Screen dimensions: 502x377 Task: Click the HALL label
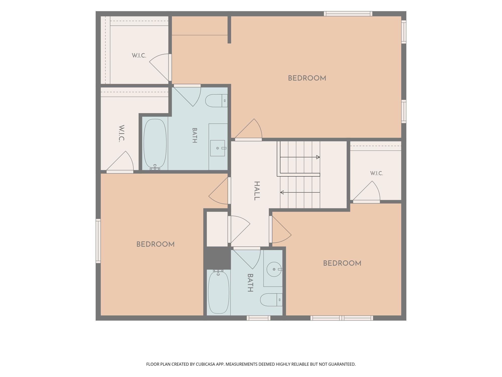pyautogui.click(x=257, y=191)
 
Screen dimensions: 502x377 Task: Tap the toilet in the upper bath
pyautogui.click(x=216, y=101)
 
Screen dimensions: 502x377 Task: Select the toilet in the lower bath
pyautogui.click(x=271, y=300)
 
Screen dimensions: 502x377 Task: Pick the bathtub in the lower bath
pyautogui.click(x=219, y=292)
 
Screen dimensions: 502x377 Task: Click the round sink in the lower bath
pyautogui.click(x=274, y=269)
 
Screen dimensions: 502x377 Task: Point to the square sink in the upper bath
pyautogui.click(x=217, y=148)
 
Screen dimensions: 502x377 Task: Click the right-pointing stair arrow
pyautogui.click(x=300, y=157)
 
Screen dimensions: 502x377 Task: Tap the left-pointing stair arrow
pyautogui.click(x=300, y=192)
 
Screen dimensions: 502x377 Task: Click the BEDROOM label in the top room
pyautogui.click(x=307, y=78)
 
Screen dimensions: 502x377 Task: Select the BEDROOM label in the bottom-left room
pyautogui.click(x=155, y=244)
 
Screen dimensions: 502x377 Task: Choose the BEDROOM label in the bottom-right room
pyautogui.click(x=342, y=263)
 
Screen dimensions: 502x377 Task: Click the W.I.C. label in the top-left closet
pyautogui.click(x=139, y=56)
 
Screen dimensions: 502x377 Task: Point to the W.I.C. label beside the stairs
pyautogui.click(x=376, y=173)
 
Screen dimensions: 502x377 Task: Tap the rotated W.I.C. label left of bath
pyautogui.click(x=121, y=133)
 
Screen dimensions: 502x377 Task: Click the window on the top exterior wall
pyautogui.click(x=348, y=14)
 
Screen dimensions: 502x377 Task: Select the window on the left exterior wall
pyautogui.click(x=98, y=241)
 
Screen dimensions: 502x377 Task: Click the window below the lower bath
pyautogui.click(x=258, y=318)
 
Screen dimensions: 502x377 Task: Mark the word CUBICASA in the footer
pyautogui.click(x=206, y=364)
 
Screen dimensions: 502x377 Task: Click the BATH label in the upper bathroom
pyautogui.click(x=195, y=135)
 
